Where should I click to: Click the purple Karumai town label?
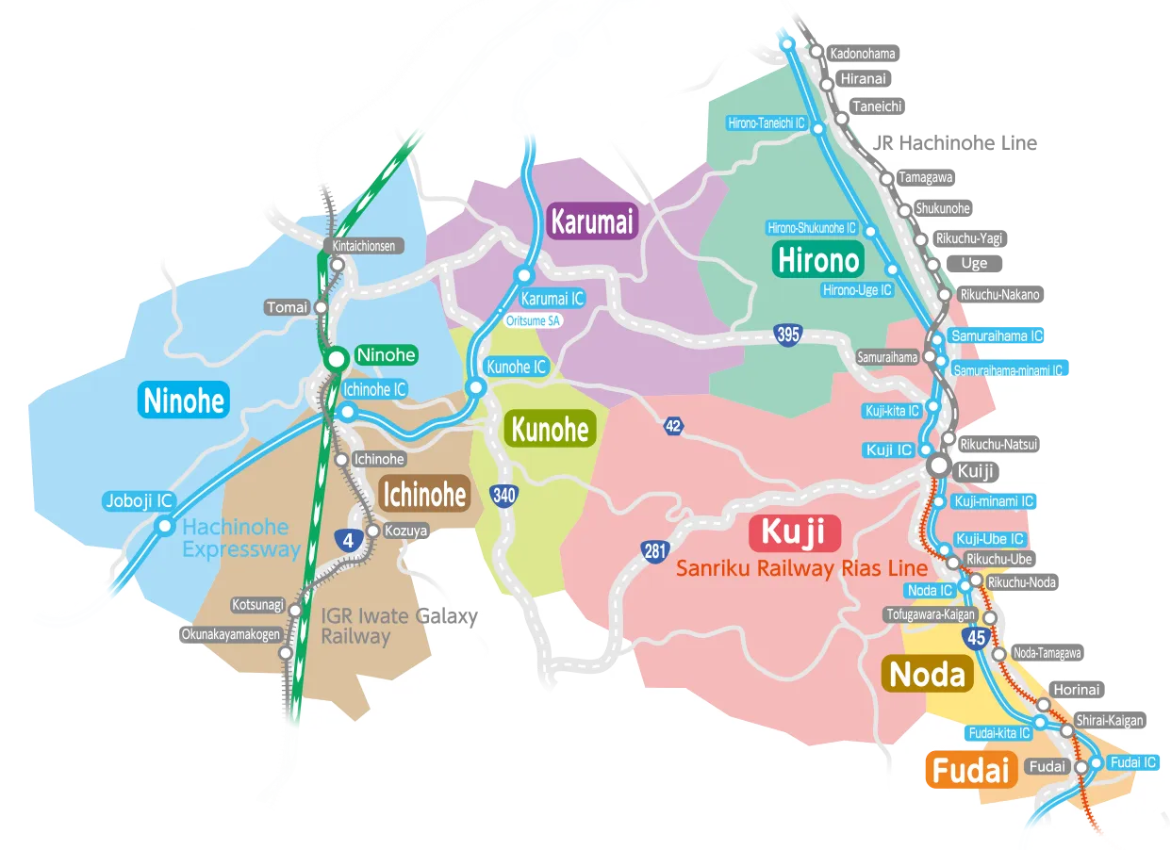(592, 222)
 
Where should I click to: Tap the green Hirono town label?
(817, 259)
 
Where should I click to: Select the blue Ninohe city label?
(184, 400)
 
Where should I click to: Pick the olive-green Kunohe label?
(550, 430)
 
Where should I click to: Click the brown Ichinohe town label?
(424, 494)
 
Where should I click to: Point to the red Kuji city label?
(793, 533)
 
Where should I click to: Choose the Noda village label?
(928, 674)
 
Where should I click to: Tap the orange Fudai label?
(971, 771)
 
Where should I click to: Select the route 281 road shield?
(655, 551)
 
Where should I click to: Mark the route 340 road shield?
(503, 495)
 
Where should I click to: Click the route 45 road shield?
(976, 639)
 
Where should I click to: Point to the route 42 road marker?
(672, 426)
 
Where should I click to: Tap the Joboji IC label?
(139, 501)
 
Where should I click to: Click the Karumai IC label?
(553, 299)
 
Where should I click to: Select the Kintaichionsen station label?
(364, 246)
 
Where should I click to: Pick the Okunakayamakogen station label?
(232, 634)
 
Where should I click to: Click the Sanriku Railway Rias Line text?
(801, 568)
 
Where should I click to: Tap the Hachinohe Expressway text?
(241, 539)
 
